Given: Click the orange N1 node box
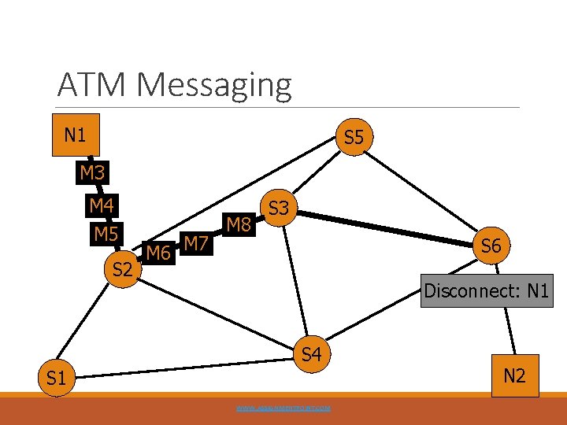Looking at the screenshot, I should (x=75, y=135).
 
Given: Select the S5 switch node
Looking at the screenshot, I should (x=354, y=138).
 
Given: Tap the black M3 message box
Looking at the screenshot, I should (x=92, y=172).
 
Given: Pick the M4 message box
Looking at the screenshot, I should (x=102, y=206).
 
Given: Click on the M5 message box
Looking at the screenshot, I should (x=106, y=235).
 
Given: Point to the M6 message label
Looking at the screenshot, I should (x=159, y=253).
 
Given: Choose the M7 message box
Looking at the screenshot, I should (x=195, y=243).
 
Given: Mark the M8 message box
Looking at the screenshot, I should (x=239, y=225).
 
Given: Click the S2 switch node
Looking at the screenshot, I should (x=122, y=270).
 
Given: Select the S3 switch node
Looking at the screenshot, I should (x=280, y=209).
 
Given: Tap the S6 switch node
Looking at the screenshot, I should (x=491, y=246).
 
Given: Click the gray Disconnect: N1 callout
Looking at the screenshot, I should (x=486, y=290).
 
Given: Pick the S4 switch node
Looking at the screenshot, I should (x=312, y=355).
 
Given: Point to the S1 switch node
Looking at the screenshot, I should (x=56, y=379).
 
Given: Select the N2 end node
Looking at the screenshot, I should (x=513, y=376).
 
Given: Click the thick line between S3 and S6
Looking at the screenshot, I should (x=386, y=228).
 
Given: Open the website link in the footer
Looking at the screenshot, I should (x=283, y=408).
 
